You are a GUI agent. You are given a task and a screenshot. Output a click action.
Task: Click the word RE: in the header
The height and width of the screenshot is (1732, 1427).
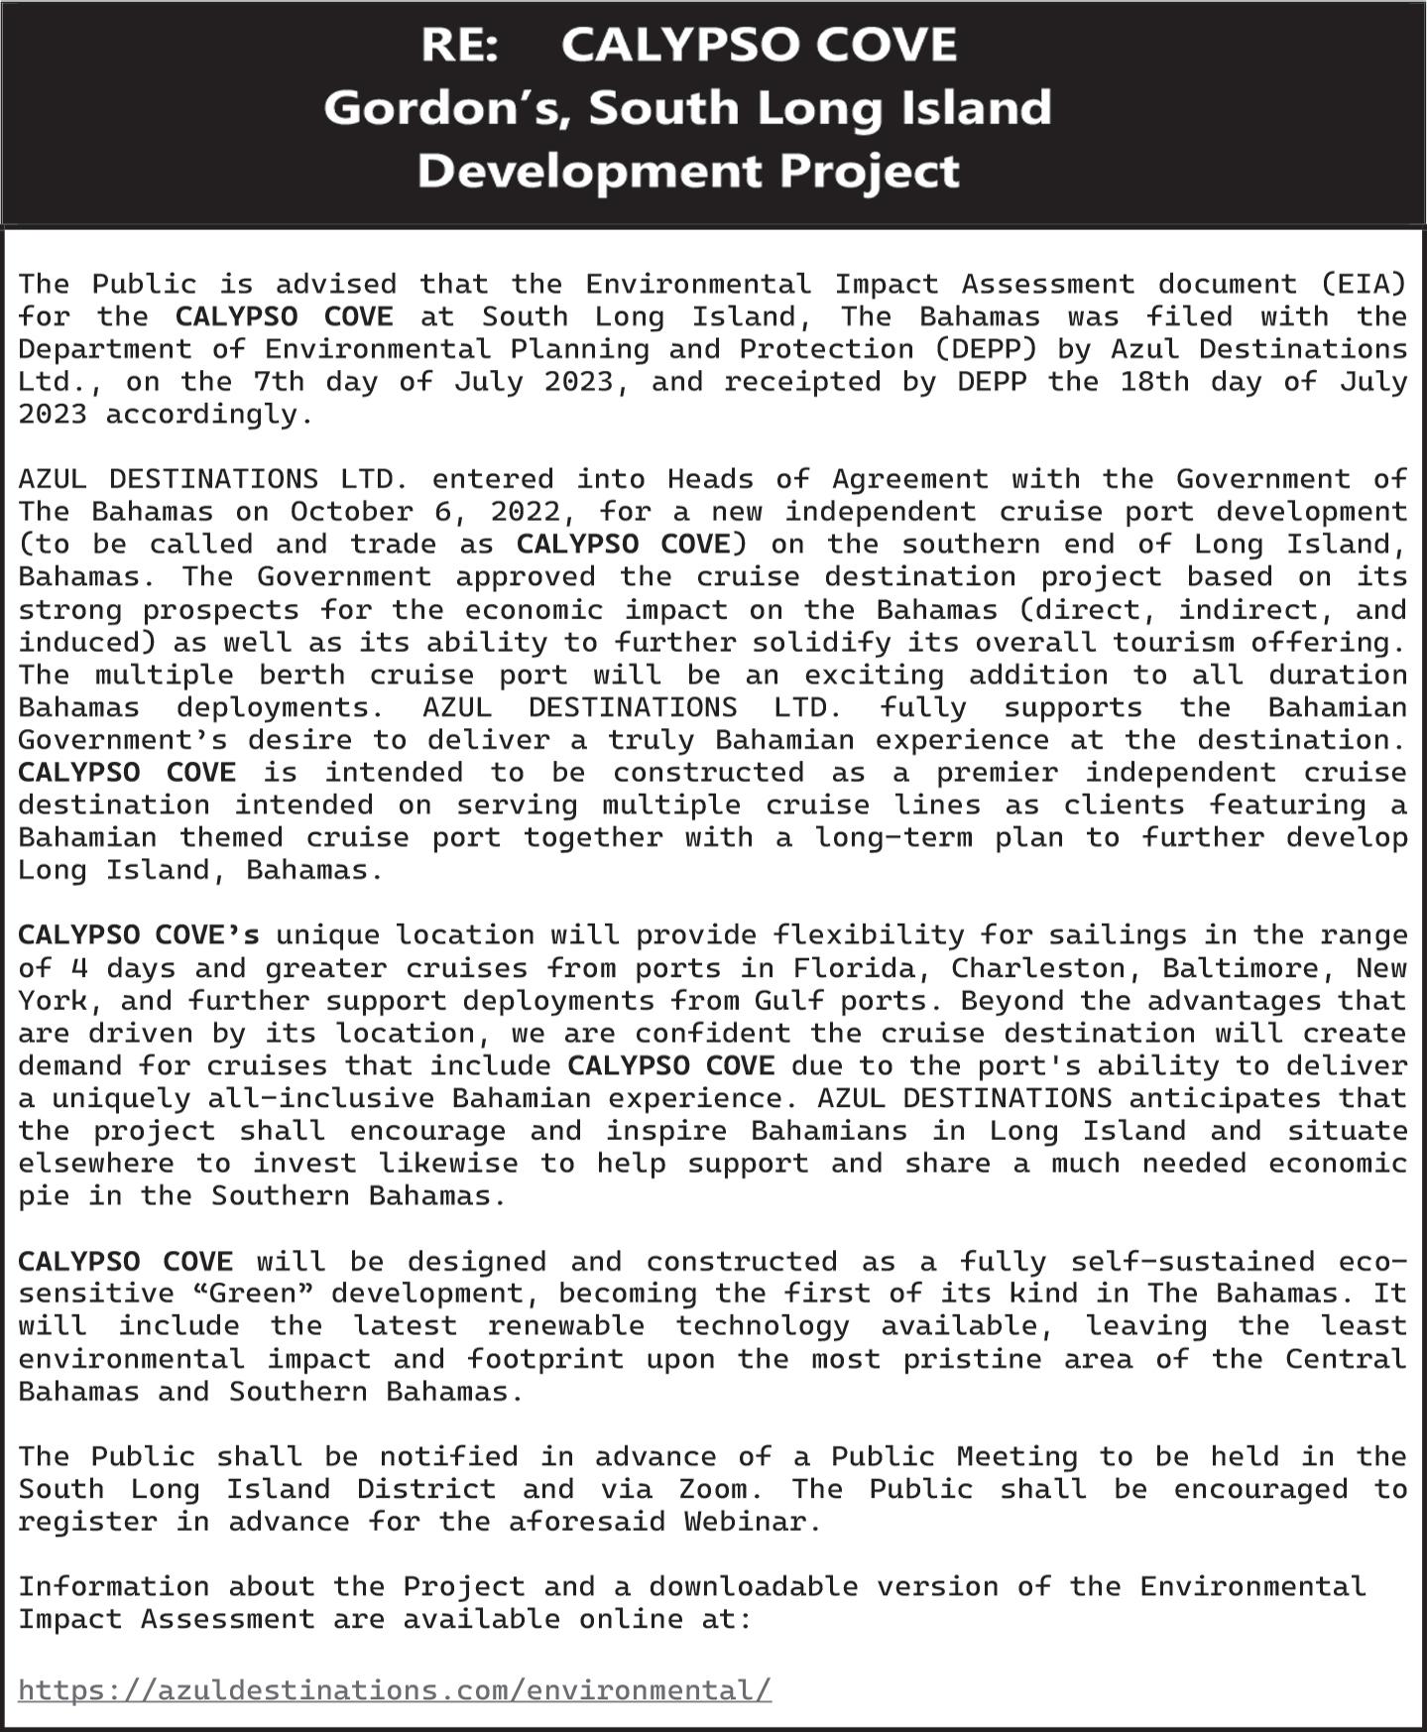point(459,46)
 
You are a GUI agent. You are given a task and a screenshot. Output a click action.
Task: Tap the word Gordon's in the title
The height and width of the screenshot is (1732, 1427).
point(446,108)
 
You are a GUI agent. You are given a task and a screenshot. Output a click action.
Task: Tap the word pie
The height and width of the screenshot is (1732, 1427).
point(44,1196)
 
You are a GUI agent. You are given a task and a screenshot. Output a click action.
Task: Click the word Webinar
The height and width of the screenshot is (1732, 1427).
point(752,1523)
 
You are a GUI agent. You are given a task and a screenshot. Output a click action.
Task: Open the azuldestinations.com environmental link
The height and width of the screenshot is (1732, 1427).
point(394,1690)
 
